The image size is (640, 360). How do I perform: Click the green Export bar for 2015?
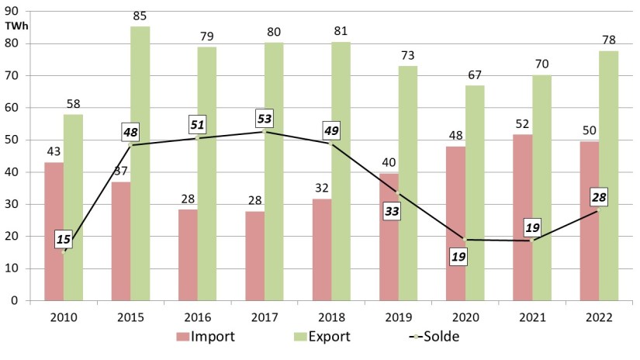point(140,163)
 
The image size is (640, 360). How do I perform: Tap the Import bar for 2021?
point(523,217)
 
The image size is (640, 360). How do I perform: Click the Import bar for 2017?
point(255,255)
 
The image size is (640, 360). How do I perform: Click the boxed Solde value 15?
point(64,239)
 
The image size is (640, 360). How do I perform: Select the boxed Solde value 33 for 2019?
point(393,210)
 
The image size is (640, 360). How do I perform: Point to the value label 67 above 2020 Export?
point(475,74)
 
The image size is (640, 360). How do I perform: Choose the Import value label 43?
point(54,151)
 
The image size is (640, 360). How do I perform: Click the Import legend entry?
point(205,337)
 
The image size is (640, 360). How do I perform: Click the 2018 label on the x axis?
point(331,317)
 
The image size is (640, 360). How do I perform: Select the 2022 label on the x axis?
point(599,317)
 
